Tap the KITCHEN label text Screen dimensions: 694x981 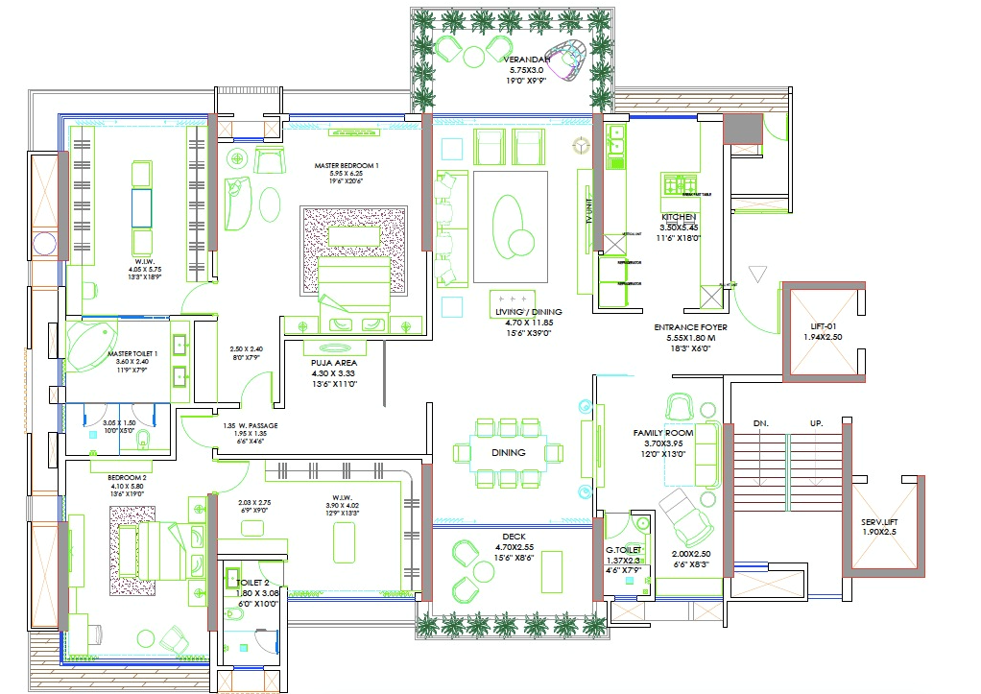point(678,218)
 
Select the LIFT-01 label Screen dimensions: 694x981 point(823,326)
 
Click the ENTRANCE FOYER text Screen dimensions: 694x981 point(690,327)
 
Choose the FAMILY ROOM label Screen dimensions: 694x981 point(663,433)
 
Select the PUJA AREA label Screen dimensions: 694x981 point(333,364)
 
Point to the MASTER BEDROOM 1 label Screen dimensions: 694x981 point(347,166)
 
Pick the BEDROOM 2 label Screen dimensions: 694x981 point(127,477)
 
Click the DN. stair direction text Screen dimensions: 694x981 point(760,423)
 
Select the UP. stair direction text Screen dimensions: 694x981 point(818,423)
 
